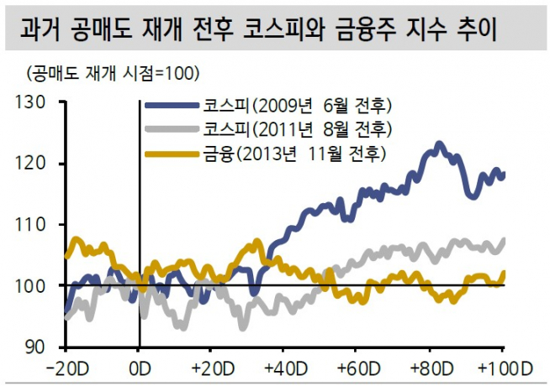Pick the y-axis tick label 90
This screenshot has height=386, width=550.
pyautogui.click(x=37, y=347)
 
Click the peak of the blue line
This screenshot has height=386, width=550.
pyautogui.click(x=439, y=144)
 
